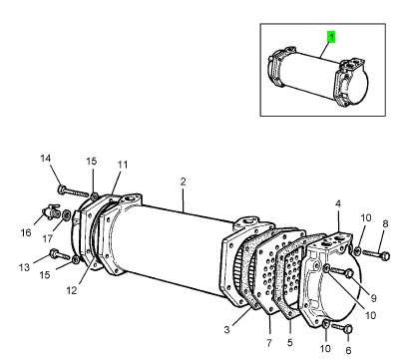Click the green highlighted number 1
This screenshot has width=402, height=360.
click(331, 37)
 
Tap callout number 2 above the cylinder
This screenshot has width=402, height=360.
click(184, 181)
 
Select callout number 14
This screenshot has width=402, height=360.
click(46, 159)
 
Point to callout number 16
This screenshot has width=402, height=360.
click(26, 232)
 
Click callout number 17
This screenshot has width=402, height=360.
click(48, 238)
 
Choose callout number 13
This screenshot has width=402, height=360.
click(24, 267)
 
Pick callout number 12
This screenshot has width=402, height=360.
click(72, 290)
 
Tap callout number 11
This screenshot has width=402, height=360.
click(123, 165)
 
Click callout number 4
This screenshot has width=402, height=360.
click(338, 203)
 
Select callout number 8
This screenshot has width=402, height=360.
click(385, 223)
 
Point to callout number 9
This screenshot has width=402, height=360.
click(374, 298)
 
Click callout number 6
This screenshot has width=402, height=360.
click(348, 350)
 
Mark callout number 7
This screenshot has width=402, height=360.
click(269, 342)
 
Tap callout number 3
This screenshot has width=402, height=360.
click(226, 330)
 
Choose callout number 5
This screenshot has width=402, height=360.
click(290, 342)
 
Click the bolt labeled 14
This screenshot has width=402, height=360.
click(73, 191)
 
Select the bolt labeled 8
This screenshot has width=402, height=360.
click(376, 254)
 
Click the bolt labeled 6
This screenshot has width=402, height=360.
click(342, 328)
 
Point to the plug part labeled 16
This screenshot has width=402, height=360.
click(51, 211)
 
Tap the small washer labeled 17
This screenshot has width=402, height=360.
click(66, 215)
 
